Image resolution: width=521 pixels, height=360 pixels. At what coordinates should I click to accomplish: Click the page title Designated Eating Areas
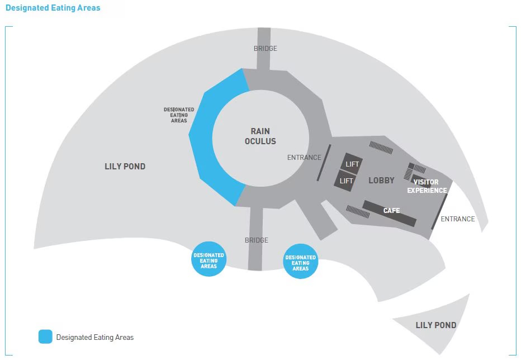pos(53,8)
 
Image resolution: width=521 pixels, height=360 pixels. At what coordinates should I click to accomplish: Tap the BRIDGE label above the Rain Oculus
pos(265,49)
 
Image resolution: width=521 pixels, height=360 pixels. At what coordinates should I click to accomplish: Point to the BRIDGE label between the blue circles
pos(257,240)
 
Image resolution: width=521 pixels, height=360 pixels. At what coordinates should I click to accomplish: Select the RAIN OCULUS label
pos(260,136)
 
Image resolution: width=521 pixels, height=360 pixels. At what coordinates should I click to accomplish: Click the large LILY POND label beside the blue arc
pos(125,166)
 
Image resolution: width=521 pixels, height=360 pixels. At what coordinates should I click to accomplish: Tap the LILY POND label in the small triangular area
pos(435,325)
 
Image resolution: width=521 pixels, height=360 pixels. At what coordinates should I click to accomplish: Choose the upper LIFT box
pos(352,164)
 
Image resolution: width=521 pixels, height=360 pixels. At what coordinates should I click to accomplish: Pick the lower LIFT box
pos(346,181)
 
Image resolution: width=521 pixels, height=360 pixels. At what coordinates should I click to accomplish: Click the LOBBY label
pos(381,180)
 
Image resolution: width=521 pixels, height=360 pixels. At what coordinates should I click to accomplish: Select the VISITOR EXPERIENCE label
pos(427,186)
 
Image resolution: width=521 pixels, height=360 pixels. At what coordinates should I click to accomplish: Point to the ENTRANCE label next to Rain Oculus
pos(304,158)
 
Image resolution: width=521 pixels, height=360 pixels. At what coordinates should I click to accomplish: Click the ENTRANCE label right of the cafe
pos(457,219)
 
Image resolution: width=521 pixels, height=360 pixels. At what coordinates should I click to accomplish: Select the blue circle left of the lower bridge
pos(209,259)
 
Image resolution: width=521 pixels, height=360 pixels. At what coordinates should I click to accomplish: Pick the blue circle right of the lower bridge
pos(301,262)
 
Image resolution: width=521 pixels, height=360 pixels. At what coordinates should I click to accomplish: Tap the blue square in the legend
pos(45,337)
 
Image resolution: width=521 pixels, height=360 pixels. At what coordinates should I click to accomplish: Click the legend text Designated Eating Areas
pos(95,337)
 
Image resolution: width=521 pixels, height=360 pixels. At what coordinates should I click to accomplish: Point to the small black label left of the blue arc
pos(179,115)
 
